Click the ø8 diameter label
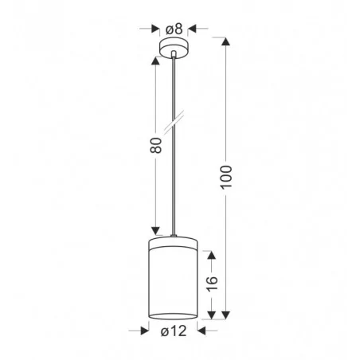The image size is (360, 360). (174, 29)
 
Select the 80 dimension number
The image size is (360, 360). (156, 146)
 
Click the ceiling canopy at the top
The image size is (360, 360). (174, 49)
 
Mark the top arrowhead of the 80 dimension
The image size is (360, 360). (156, 60)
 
